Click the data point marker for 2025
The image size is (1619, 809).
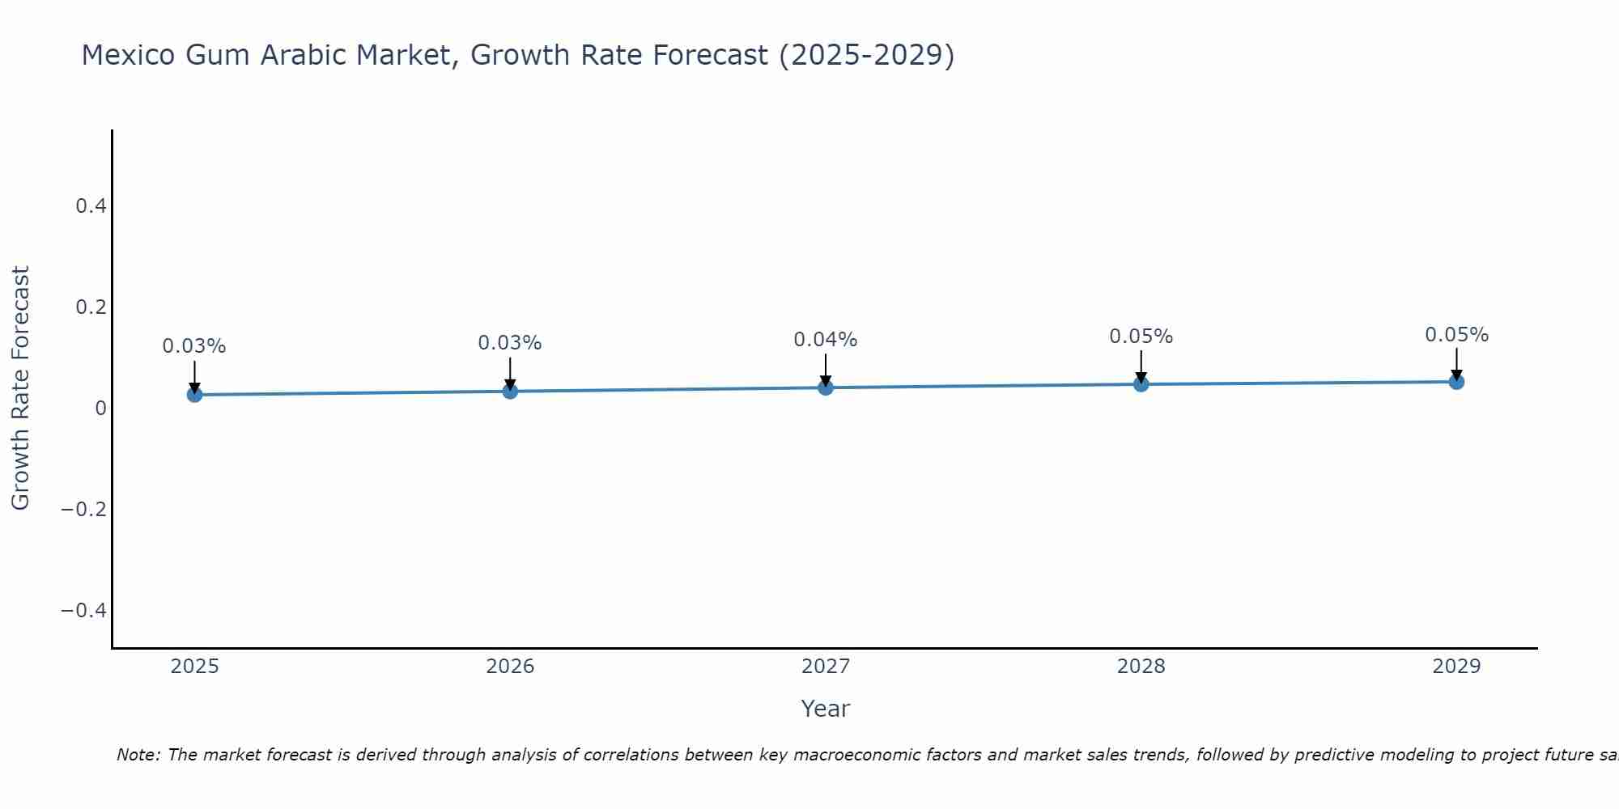coord(194,394)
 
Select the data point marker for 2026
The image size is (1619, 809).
coord(510,391)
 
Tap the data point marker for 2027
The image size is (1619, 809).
coord(826,388)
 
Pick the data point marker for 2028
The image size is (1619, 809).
coord(1141,383)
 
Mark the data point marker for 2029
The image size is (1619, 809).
coord(1456,381)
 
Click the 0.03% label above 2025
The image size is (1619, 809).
coord(194,346)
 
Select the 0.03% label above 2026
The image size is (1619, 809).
coord(510,343)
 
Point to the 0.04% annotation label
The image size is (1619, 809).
coord(826,340)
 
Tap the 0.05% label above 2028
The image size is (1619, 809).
coord(1141,337)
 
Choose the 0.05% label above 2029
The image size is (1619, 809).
coord(1456,335)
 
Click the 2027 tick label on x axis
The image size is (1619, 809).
coord(826,667)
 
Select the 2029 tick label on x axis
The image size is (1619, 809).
coord(1456,667)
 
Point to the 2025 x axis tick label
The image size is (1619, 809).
coord(195,667)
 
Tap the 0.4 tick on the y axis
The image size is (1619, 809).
coord(91,206)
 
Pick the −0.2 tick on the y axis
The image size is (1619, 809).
coord(84,509)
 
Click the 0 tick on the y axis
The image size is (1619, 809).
coord(100,408)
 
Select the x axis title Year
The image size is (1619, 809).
coord(825,709)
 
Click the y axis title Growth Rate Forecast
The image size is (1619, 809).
coord(20,388)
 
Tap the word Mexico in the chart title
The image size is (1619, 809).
coord(129,55)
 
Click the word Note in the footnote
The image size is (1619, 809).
coord(138,755)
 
